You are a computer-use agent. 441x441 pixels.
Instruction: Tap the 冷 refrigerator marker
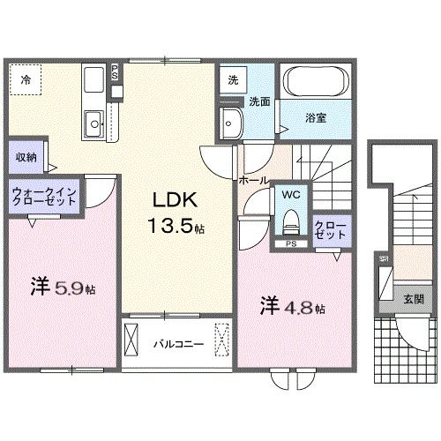(26, 79)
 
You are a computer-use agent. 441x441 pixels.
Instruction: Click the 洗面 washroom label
(258, 101)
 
